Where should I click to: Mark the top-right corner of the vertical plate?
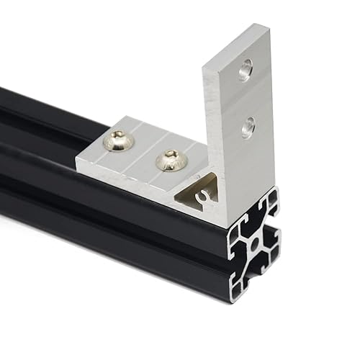(269, 27)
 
